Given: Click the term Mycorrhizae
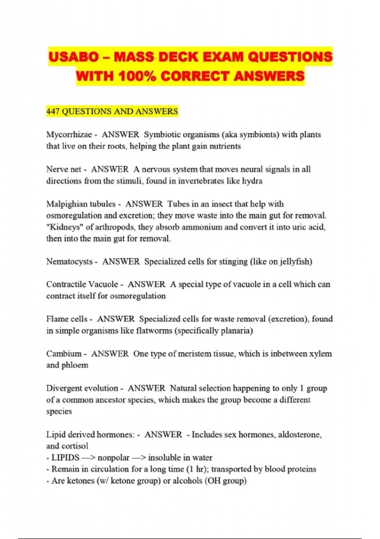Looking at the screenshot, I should (x=69, y=135).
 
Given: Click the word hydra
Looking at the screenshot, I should (x=252, y=181).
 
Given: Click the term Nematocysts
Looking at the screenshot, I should (x=69, y=262).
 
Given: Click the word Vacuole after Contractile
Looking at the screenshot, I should (x=103, y=284).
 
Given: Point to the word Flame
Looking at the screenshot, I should (x=57, y=319).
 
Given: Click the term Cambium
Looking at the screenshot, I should (x=64, y=354).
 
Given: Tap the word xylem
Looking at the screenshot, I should (x=320, y=354).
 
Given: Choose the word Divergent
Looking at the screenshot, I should (x=66, y=388).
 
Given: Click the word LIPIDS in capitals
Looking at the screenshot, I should (x=65, y=458).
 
